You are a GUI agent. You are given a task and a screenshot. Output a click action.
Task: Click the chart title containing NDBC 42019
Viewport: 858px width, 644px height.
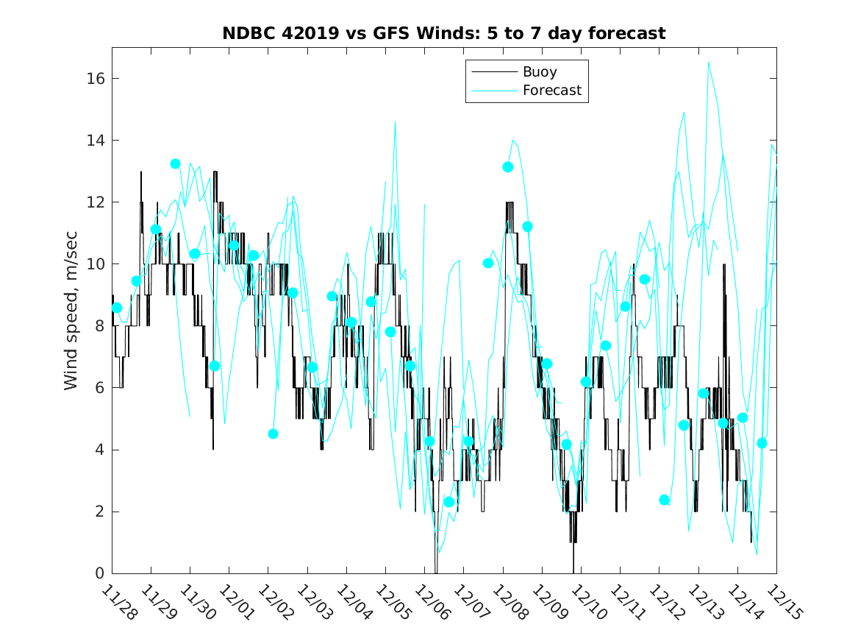444,33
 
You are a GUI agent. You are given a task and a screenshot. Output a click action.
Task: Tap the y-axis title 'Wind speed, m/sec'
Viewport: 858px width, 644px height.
71,310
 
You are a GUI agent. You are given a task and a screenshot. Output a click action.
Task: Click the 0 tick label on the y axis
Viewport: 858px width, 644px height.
99,573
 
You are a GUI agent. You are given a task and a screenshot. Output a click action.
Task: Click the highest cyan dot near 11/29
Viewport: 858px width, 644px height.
175,163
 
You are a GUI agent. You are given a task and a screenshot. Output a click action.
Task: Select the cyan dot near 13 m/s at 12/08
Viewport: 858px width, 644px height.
508,167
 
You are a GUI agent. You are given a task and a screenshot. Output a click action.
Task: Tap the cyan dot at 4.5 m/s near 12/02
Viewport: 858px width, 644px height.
273,434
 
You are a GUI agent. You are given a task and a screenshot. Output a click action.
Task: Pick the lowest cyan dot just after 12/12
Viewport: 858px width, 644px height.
665,500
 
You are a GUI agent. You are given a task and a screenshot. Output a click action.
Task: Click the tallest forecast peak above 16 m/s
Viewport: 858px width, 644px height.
709,63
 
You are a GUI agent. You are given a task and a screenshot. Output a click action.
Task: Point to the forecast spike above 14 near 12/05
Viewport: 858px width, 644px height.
395,122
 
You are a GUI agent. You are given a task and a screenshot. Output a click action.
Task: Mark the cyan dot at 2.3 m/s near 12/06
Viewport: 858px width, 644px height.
448,502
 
